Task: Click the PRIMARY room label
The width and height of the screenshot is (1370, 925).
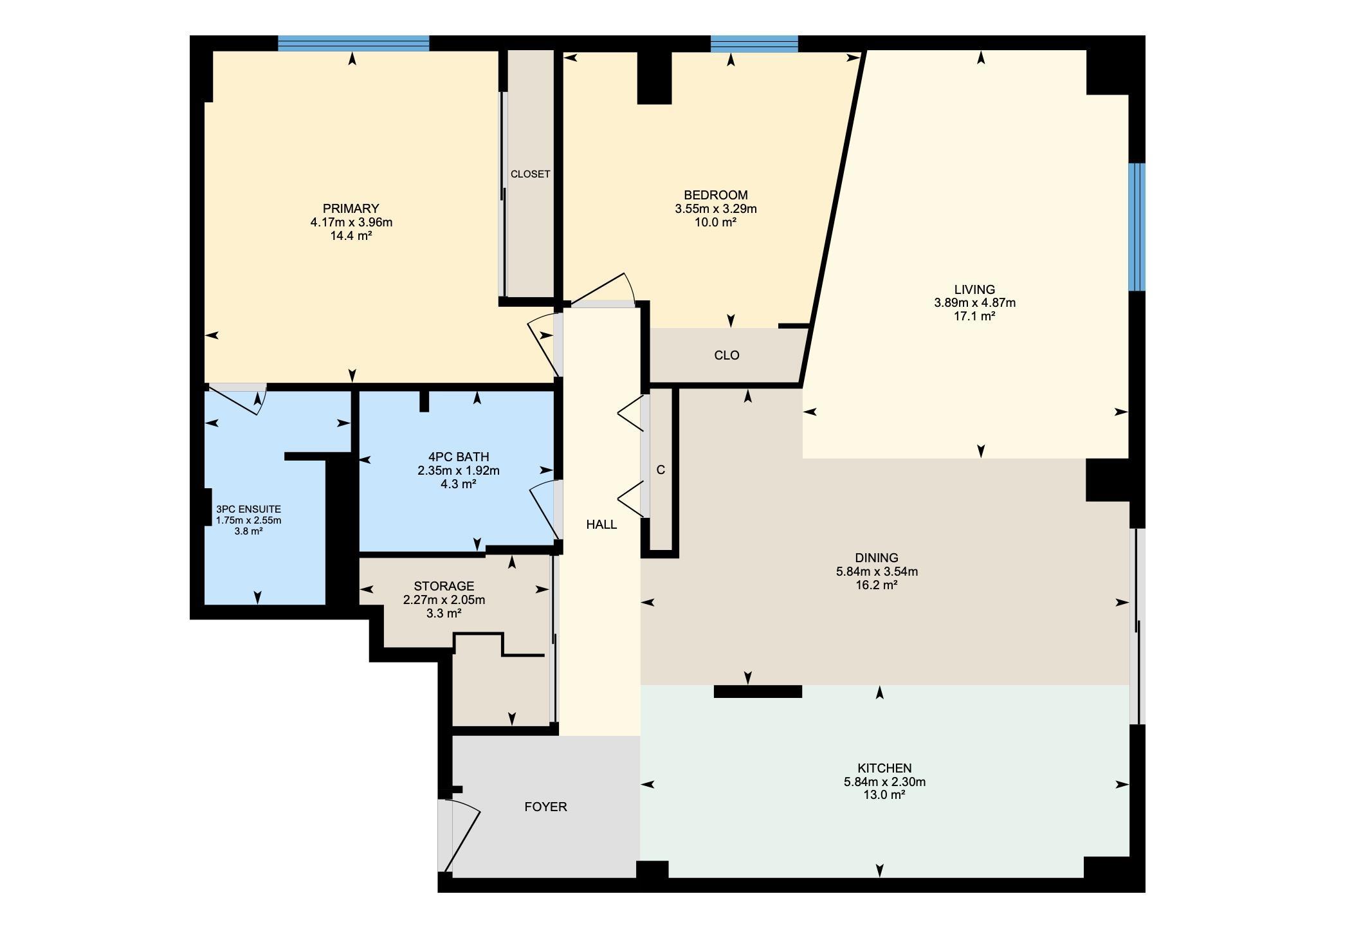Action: click(x=351, y=208)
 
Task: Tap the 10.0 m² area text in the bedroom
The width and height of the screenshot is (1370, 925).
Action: click(x=715, y=223)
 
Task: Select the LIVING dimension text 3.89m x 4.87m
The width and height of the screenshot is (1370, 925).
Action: click(x=974, y=303)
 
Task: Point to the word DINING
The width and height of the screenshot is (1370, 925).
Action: click(x=877, y=558)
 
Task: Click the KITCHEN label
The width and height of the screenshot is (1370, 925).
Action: click(x=884, y=768)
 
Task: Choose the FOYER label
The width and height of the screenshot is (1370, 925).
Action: click(x=545, y=807)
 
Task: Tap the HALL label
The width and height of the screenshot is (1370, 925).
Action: click(x=601, y=524)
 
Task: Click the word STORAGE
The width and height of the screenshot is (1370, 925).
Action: click(x=444, y=586)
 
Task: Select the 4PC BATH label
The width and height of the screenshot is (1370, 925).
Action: click(x=459, y=457)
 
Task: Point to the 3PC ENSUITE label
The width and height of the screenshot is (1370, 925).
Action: click(x=248, y=509)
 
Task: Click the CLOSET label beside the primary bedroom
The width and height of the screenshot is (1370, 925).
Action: click(x=530, y=174)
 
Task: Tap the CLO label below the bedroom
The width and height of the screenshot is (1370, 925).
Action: click(x=727, y=355)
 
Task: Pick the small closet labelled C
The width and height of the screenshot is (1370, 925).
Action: click(x=661, y=470)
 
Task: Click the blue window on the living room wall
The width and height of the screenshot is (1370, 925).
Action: click(x=1137, y=227)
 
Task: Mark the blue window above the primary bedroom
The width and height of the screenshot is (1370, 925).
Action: click(x=353, y=43)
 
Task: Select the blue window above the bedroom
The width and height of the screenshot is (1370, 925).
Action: click(x=754, y=43)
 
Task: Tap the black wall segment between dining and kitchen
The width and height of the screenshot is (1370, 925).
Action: click(x=758, y=691)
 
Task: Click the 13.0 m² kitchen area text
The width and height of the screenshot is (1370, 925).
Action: click(x=884, y=795)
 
